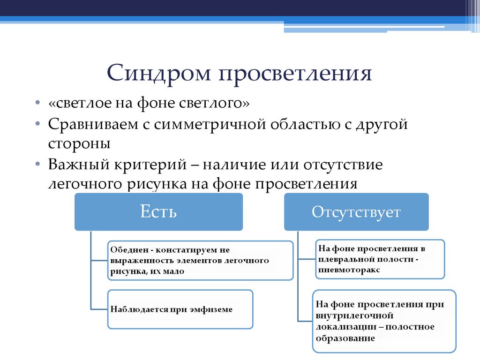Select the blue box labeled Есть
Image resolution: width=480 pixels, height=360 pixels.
[x=158, y=212]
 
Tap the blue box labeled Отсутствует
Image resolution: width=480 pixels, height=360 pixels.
[x=356, y=212]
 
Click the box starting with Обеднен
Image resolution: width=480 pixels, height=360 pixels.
[x=200, y=260]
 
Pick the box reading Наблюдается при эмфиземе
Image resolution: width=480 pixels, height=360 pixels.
[x=180, y=309]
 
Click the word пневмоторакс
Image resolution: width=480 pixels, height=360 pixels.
[x=349, y=270]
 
